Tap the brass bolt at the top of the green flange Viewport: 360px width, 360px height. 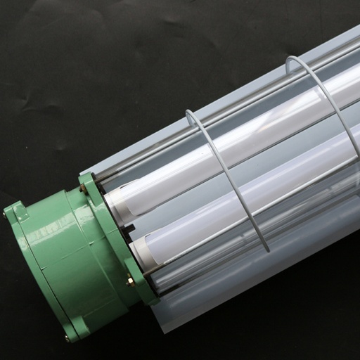[89, 184]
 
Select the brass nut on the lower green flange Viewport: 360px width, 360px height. [130, 283]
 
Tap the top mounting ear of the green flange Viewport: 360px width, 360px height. [89, 180]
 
